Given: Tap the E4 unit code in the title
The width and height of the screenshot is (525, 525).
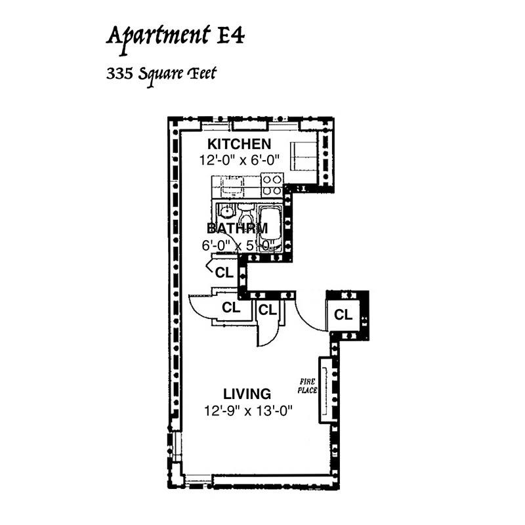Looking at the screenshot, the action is (x=231, y=35).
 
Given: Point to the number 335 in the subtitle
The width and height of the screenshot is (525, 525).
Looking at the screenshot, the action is (x=119, y=73).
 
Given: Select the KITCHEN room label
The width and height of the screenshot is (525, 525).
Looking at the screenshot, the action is (x=239, y=144).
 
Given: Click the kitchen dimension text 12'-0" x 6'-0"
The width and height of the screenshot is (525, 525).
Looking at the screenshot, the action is (x=239, y=160).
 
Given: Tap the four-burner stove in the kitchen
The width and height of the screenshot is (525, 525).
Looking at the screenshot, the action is (x=272, y=185).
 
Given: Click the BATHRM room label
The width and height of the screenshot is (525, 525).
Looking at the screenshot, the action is (x=238, y=228).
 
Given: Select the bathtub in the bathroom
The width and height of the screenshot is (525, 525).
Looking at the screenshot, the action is (x=270, y=226).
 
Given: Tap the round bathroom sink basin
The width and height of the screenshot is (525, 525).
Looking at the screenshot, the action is (x=226, y=211).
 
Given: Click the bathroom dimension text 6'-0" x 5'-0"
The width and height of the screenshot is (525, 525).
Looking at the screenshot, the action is (x=238, y=245).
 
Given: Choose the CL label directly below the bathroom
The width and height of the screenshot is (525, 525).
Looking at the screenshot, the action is (x=224, y=272).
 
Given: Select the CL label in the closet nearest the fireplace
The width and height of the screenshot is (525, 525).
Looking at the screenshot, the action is (x=343, y=315).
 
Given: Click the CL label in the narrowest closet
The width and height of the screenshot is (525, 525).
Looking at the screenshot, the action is (x=267, y=310).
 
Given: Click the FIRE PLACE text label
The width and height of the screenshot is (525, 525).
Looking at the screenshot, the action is (x=307, y=386).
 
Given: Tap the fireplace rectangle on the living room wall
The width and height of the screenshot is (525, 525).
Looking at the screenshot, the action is (x=325, y=390).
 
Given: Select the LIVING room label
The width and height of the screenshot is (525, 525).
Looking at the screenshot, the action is (x=247, y=394).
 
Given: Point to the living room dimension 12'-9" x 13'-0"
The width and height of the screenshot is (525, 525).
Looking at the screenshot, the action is (x=248, y=410).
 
